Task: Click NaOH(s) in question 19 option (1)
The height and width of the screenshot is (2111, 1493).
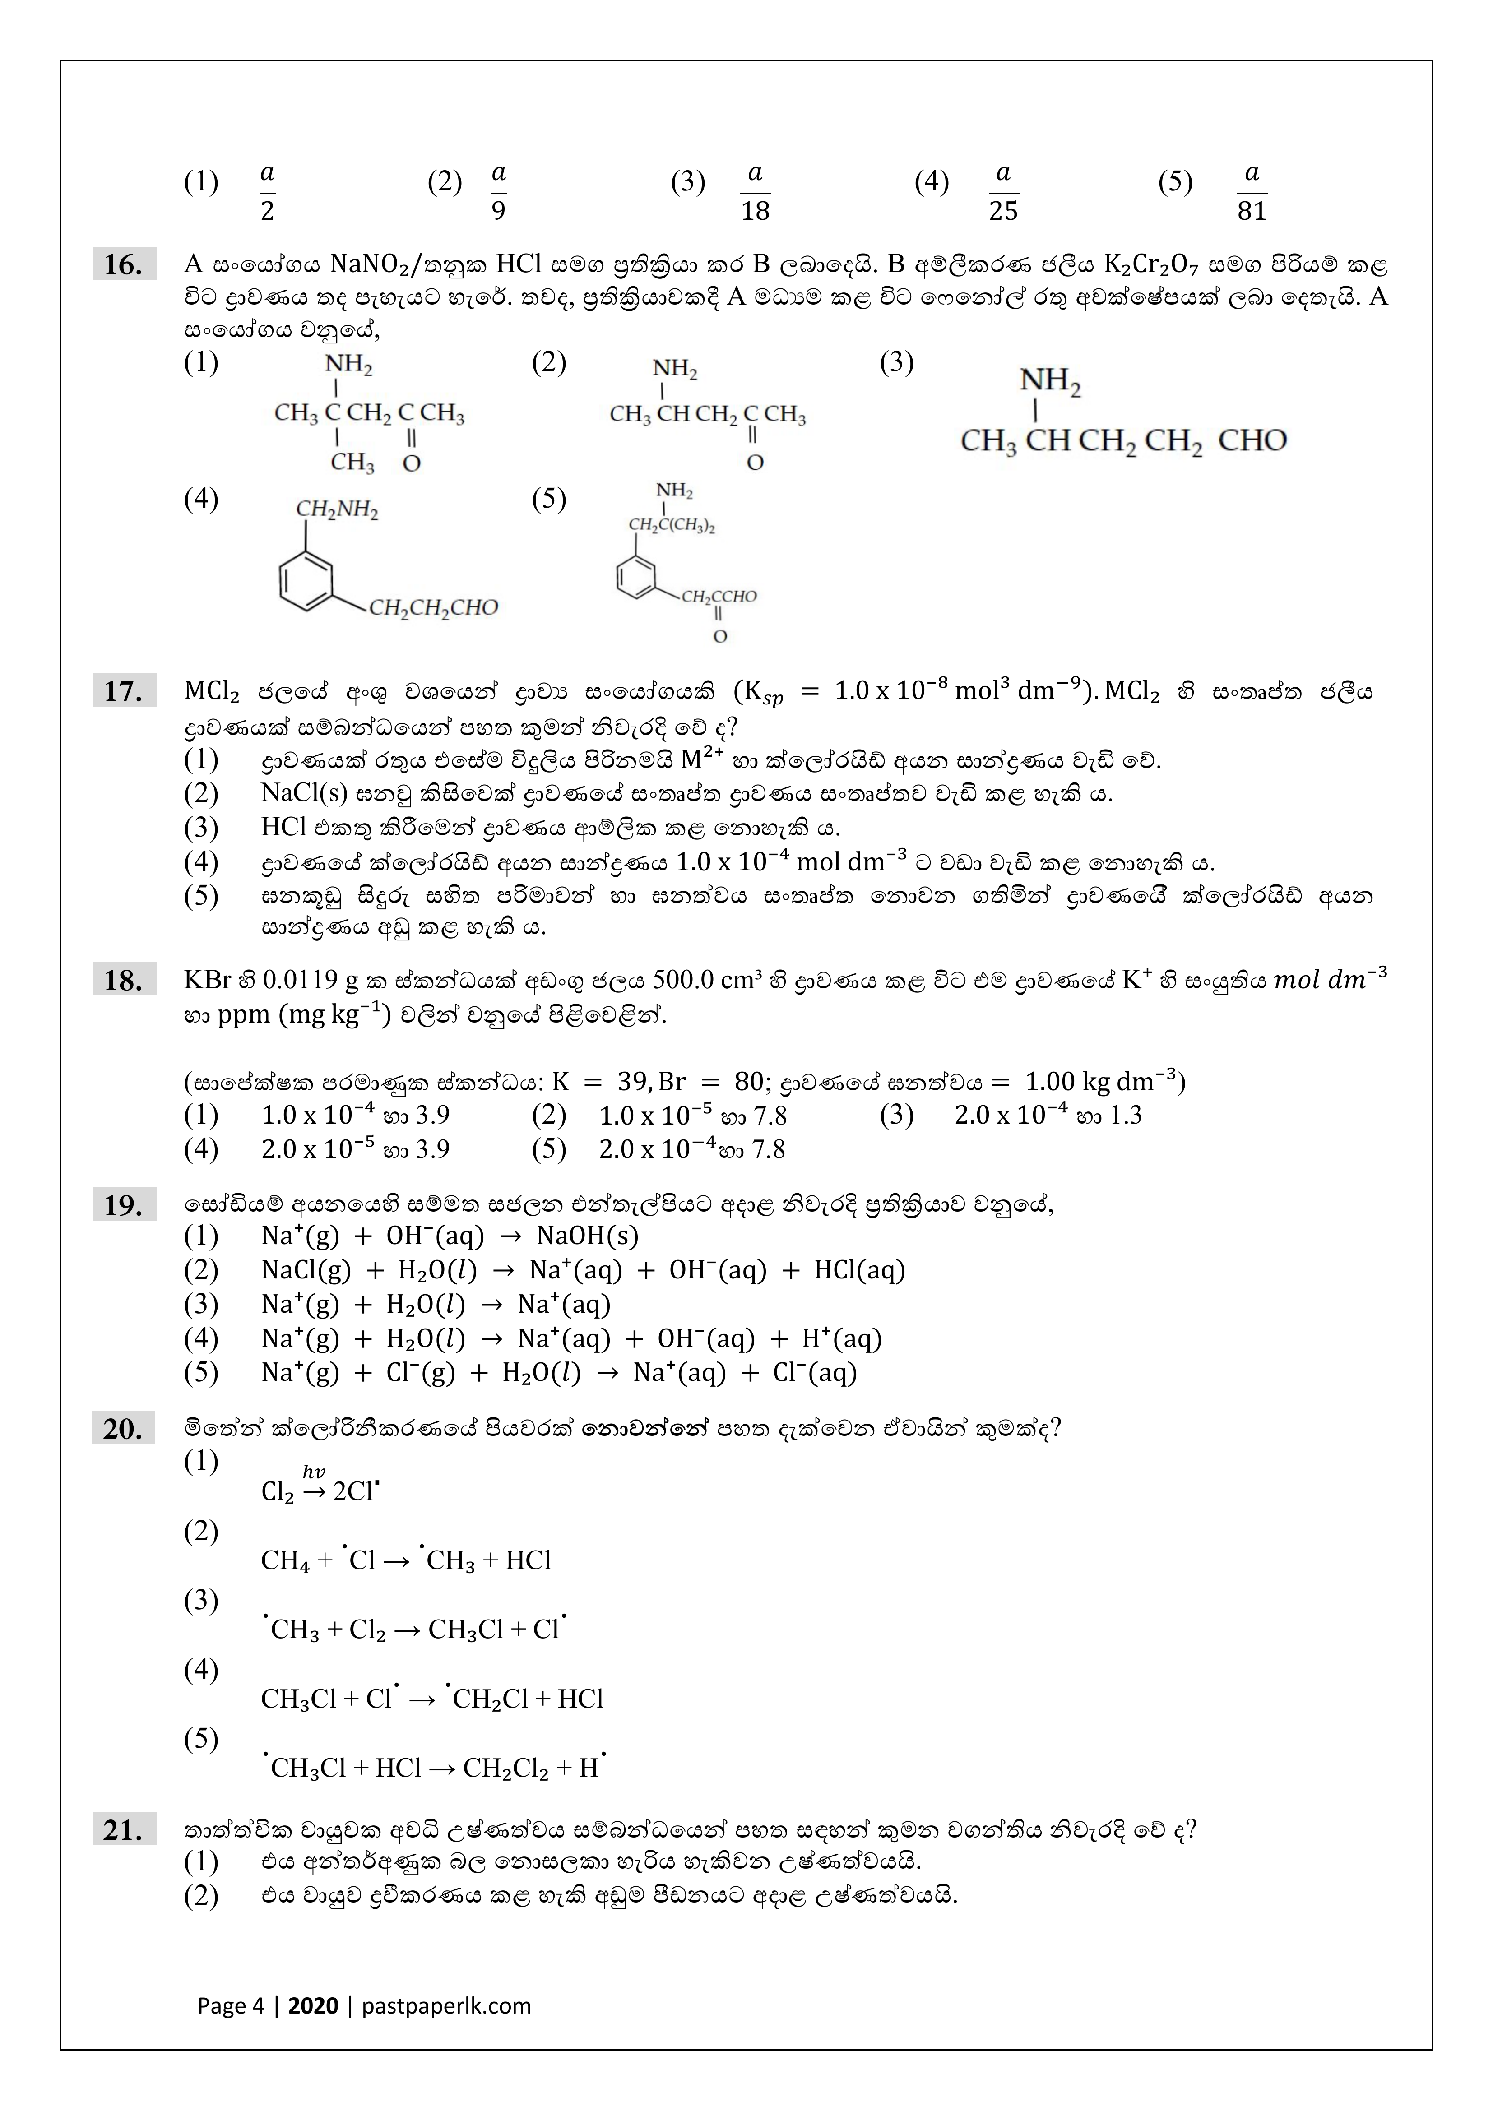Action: click(x=588, y=1236)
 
